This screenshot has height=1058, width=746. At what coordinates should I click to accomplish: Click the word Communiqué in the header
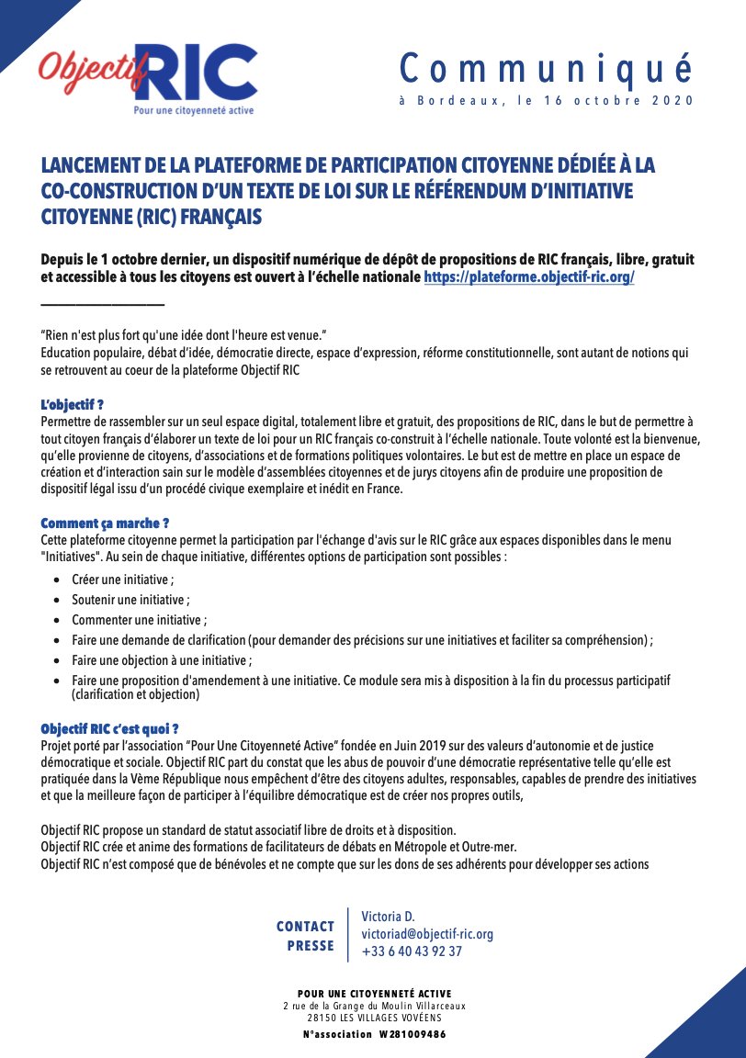[x=546, y=69]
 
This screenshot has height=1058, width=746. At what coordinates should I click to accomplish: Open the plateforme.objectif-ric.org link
[x=529, y=277]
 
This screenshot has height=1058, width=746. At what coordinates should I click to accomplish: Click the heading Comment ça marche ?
[x=105, y=523]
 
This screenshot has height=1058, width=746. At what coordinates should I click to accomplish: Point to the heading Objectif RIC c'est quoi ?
[x=109, y=729]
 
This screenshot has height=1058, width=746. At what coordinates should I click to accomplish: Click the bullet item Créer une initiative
[x=122, y=580]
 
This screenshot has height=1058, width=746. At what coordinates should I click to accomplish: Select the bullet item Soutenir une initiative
[x=130, y=600]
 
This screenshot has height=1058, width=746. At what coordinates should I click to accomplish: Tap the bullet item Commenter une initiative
[x=139, y=620]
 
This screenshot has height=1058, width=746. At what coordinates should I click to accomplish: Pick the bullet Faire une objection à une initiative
[x=162, y=659]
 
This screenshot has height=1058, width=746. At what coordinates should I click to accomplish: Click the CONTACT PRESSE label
[x=306, y=936]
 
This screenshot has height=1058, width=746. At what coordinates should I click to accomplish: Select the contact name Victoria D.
[x=388, y=917]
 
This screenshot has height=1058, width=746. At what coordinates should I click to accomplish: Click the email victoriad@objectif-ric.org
[x=427, y=934]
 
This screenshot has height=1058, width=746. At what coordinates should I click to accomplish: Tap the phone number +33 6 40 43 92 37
[x=412, y=951]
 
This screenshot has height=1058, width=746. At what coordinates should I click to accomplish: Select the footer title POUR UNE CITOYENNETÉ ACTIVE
[x=374, y=994]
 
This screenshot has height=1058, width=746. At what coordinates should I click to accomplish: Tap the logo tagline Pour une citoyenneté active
[x=188, y=110]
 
